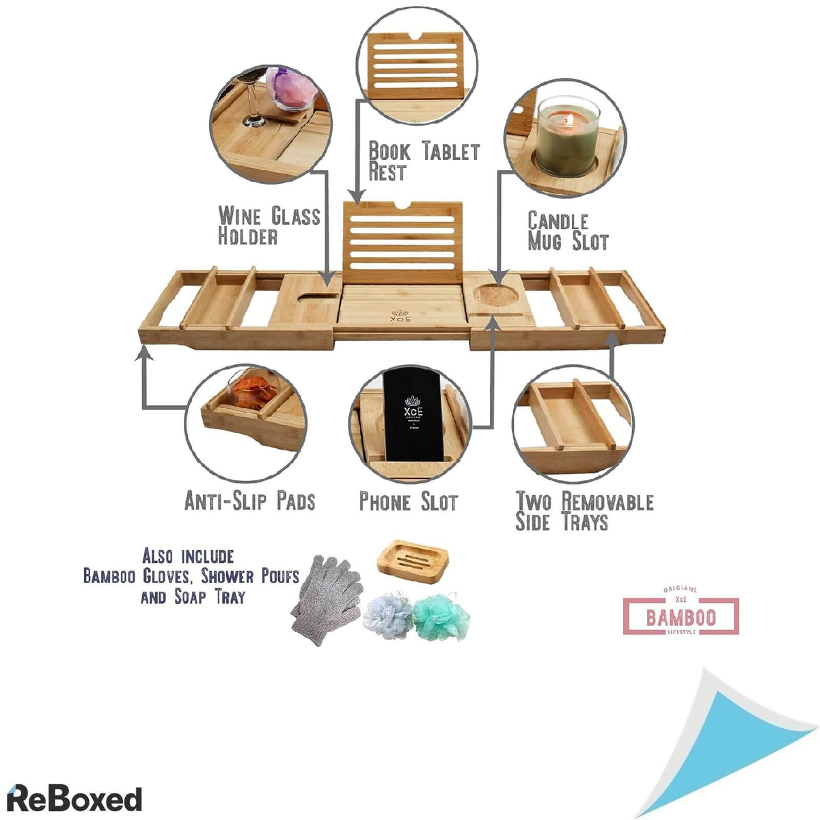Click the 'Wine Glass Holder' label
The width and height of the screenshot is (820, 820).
[269, 226]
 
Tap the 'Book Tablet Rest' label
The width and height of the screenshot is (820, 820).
[424, 161]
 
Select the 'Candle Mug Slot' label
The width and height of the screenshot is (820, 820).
[568, 231]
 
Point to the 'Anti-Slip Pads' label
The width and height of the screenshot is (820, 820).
[250, 501]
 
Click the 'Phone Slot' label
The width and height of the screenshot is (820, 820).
[409, 502]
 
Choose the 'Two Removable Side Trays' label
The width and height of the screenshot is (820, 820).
[584, 512]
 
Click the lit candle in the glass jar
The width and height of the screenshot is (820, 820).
[566, 136]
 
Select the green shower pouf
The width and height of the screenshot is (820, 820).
[441, 616]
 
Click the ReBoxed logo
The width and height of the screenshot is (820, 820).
[74, 798]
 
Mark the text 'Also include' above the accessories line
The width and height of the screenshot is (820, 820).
[188, 556]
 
